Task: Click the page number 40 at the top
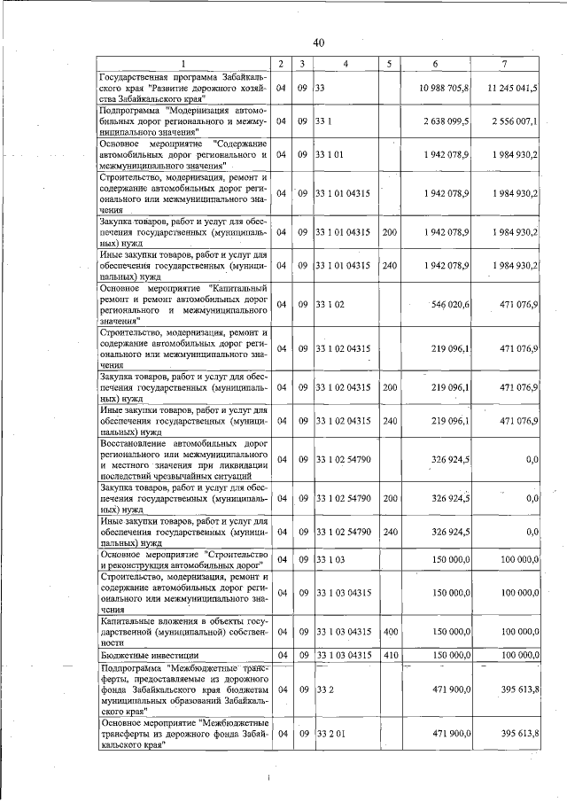coord(319,42)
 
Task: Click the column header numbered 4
coord(345,65)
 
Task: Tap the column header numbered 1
coord(183,65)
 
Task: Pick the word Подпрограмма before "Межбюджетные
coord(132,666)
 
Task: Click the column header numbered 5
coord(388,65)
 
